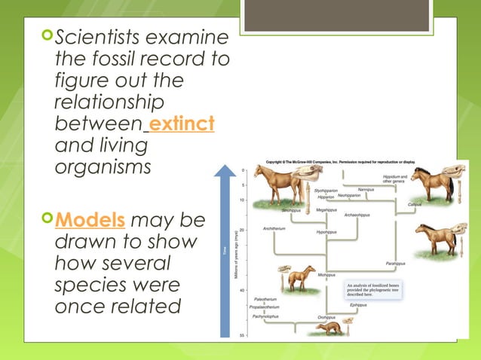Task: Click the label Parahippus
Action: click(397, 264)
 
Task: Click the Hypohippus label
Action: click(326, 233)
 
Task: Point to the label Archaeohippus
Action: click(357, 215)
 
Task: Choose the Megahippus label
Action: click(326, 209)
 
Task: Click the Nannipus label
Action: click(366, 189)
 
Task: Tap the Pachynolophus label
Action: click(265, 316)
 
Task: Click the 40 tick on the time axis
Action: click(242, 290)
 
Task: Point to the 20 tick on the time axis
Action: click(242, 230)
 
